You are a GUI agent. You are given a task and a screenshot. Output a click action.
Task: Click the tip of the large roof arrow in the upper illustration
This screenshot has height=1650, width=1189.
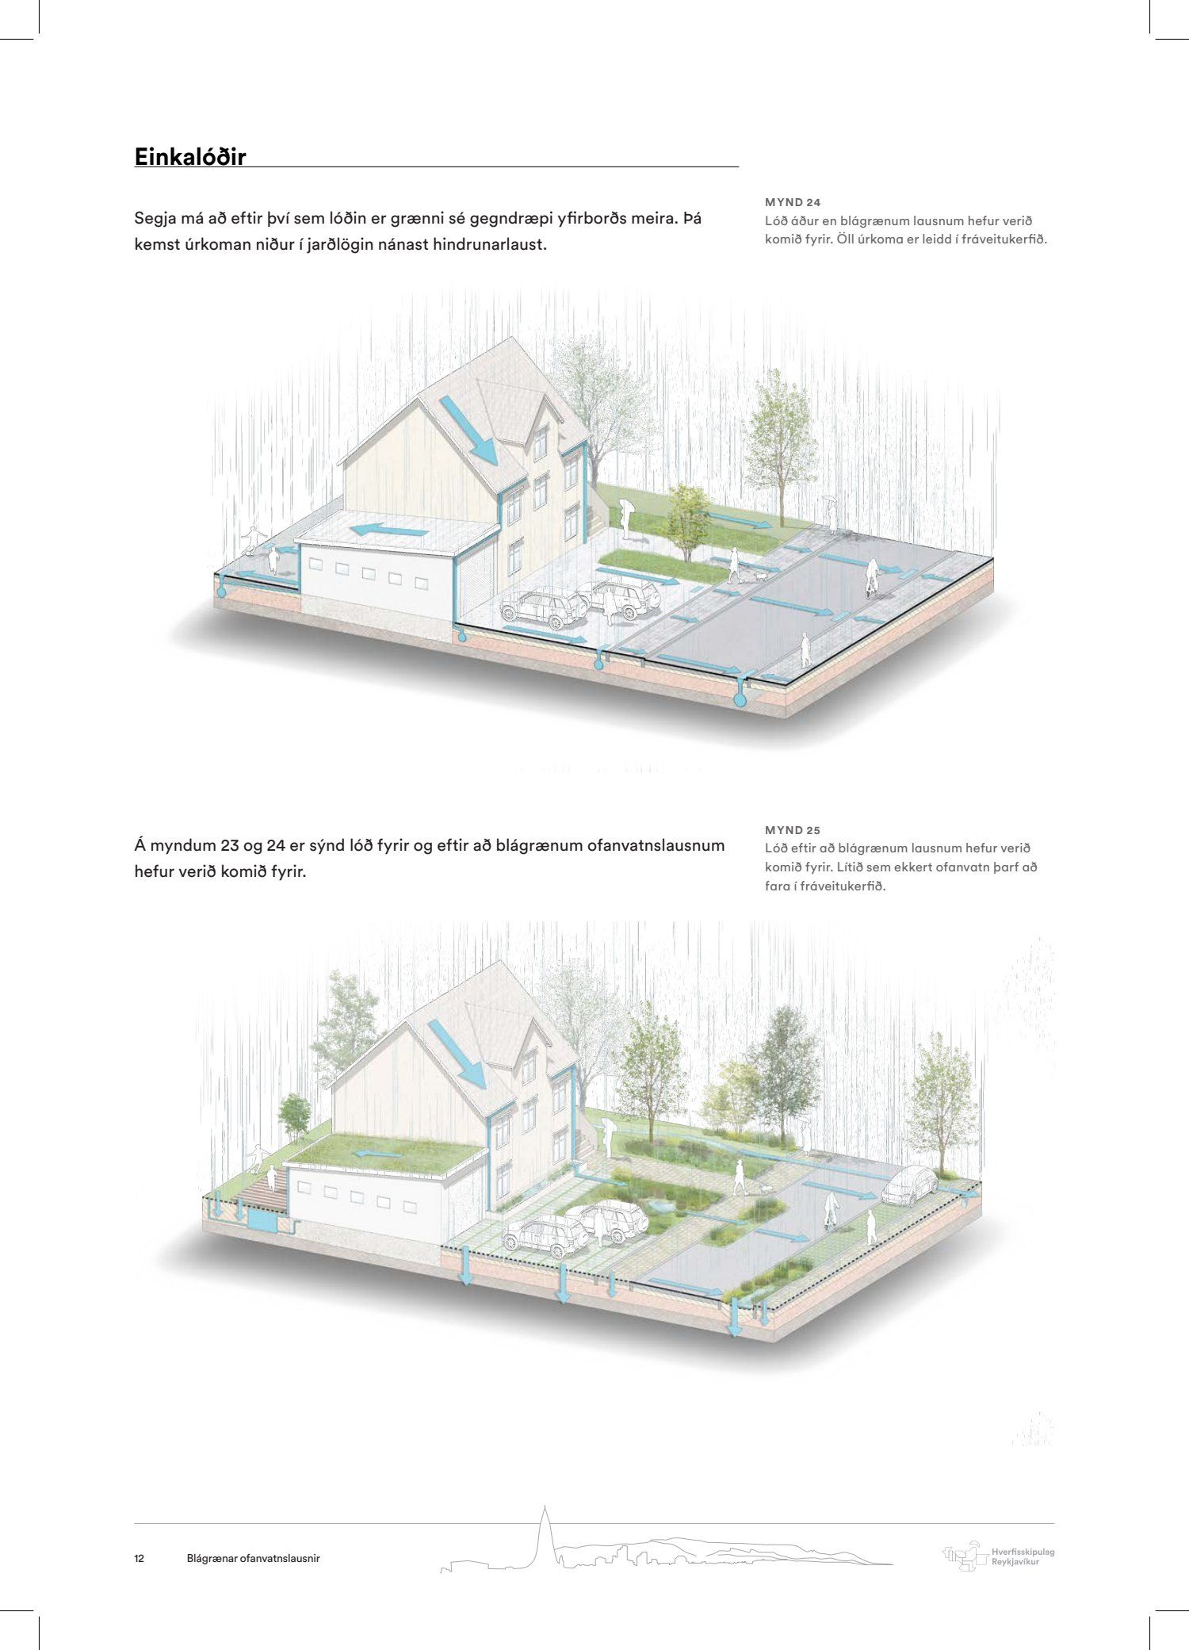click(x=496, y=465)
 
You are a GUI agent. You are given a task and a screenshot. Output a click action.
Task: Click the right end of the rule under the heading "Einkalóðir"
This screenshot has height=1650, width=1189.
click(x=739, y=167)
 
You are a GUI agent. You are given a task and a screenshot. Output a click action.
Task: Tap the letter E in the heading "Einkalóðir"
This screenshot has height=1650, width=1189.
click(x=142, y=157)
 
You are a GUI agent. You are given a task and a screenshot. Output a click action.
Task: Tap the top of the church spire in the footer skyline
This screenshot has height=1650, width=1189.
click(x=545, y=1505)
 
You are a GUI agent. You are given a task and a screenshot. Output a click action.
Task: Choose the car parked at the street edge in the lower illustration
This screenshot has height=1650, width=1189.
click(x=910, y=1185)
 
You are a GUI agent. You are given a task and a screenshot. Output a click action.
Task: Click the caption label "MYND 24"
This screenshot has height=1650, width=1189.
click(x=792, y=203)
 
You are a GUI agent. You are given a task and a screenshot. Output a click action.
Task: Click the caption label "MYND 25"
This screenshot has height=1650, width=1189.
click(x=792, y=830)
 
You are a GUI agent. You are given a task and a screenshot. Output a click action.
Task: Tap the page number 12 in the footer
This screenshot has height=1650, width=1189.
click(x=140, y=1558)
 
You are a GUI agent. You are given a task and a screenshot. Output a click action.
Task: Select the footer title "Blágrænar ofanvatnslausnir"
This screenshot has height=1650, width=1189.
click(x=253, y=1558)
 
